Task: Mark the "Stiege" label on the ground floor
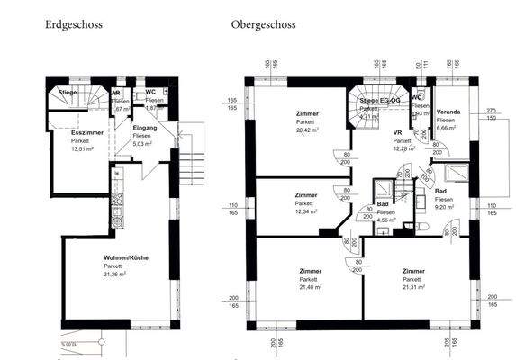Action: pos(68,92)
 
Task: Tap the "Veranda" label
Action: pos(448,112)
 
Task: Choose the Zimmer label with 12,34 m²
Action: pos(305,195)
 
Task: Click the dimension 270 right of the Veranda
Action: pos(491,109)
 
